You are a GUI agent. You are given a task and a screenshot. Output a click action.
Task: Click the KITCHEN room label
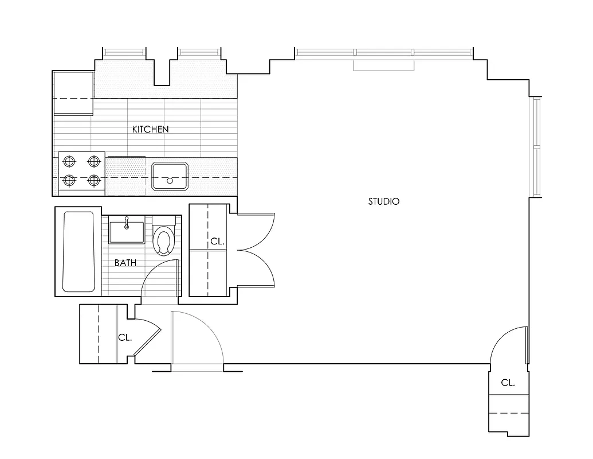tap(150, 129)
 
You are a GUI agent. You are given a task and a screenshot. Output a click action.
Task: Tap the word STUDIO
tap(383, 201)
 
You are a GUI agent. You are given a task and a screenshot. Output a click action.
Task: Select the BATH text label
tap(125, 263)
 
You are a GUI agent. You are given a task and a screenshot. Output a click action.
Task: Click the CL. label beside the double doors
tap(217, 242)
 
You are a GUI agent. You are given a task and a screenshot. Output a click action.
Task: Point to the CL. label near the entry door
tap(125, 337)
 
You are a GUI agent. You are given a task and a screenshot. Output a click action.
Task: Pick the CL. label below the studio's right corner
tap(508, 383)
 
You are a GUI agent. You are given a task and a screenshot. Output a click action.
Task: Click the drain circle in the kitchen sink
tap(170, 181)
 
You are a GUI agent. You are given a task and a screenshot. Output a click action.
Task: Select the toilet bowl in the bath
tap(164, 240)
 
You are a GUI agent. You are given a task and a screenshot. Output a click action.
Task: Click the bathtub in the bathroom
tap(78, 252)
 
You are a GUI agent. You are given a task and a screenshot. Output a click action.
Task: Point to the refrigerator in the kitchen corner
tap(73, 94)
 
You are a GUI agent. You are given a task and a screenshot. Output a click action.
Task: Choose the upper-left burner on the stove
tap(69, 161)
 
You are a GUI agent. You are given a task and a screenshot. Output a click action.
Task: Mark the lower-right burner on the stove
tap(94, 180)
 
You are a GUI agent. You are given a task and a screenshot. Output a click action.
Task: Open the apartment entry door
tap(198, 339)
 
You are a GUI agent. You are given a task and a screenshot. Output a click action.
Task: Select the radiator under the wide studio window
tap(383, 65)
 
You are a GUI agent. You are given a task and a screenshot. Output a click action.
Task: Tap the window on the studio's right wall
tap(537, 147)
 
